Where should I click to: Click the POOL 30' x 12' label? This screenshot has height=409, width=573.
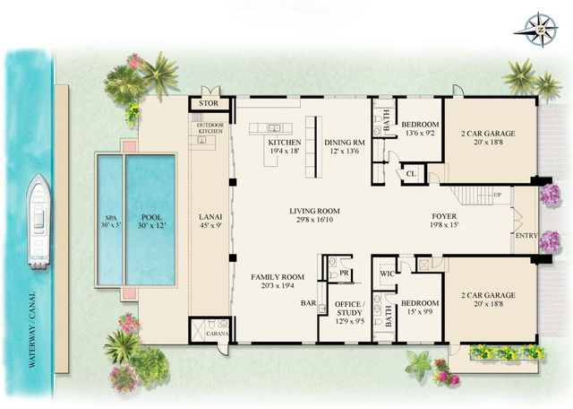[149, 220]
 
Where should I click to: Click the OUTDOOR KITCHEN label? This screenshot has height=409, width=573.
[210, 127]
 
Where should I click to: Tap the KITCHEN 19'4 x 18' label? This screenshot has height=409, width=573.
[283, 145]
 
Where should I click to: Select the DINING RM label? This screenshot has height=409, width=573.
[341, 145]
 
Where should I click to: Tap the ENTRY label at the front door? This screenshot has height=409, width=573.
[525, 236]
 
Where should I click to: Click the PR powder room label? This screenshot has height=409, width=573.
[345, 272]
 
